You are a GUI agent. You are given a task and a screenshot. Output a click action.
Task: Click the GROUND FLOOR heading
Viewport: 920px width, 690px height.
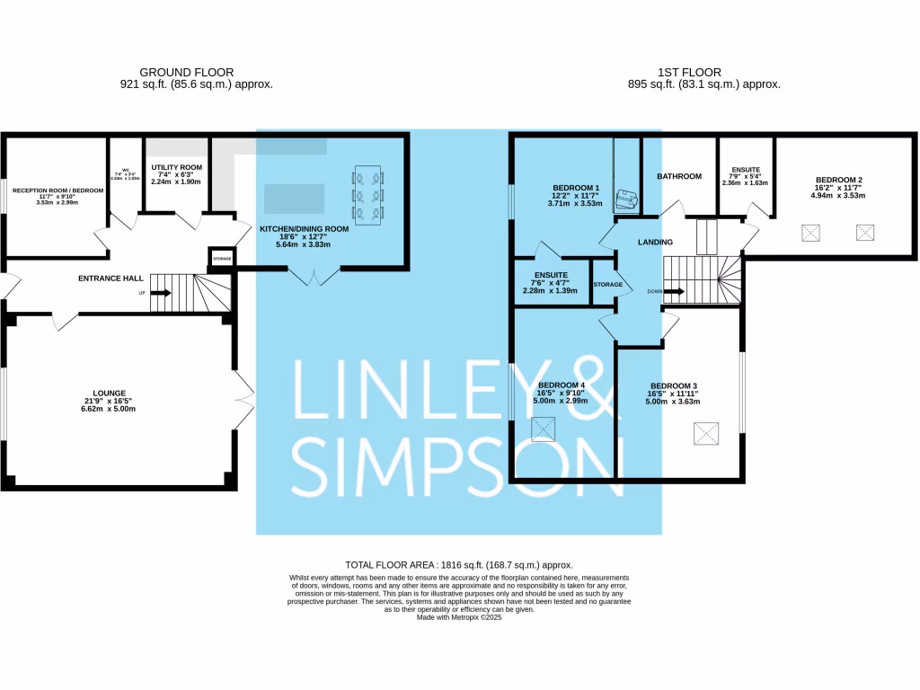point(187,72)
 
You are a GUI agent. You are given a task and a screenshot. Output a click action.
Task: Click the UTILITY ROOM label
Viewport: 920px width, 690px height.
point(176,167)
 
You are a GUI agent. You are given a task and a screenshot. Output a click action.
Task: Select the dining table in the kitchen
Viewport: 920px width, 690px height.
point(368,191)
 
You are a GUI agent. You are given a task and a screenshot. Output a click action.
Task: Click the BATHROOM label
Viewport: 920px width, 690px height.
point(679,176)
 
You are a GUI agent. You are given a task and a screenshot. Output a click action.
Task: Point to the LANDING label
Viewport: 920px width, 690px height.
point(655,243)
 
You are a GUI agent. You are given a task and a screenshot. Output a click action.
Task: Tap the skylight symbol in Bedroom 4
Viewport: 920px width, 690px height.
point(544,431)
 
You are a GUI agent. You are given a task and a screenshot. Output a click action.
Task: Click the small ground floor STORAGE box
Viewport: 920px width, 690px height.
point(222,259)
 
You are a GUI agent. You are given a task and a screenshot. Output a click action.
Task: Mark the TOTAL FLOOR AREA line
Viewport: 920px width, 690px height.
point(459,565)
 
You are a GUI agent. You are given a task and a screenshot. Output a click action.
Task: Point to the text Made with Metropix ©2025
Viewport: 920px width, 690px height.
point(459,616)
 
